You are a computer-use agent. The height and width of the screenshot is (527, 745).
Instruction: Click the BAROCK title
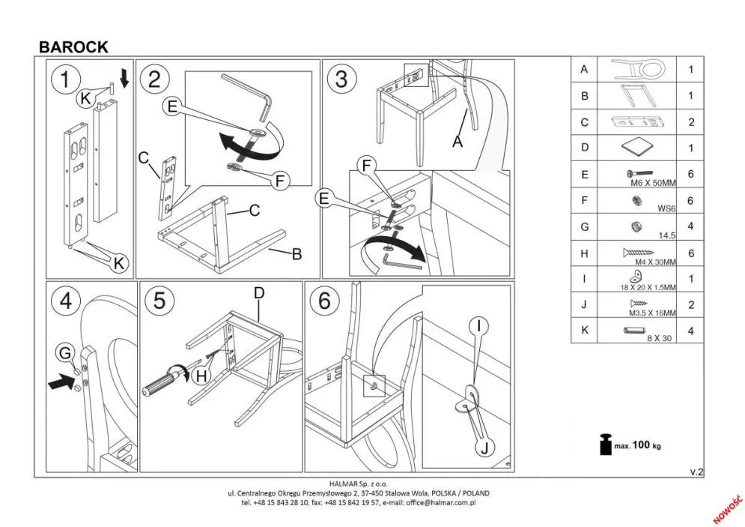73,46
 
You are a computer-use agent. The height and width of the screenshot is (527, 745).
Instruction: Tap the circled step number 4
66,301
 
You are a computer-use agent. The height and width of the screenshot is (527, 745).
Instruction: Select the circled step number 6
324,301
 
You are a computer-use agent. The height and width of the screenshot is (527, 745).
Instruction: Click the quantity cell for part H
691,253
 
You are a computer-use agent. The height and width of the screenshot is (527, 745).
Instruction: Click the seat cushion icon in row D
636,148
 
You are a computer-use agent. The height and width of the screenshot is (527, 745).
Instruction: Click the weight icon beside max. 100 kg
604,445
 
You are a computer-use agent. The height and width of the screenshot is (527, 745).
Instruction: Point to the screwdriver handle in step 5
159,387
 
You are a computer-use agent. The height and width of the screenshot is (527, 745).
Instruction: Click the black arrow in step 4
58,385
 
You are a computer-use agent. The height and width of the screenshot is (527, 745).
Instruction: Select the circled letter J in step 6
484,448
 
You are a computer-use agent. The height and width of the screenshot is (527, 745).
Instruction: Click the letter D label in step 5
259,293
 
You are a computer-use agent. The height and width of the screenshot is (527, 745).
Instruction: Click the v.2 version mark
696,472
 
